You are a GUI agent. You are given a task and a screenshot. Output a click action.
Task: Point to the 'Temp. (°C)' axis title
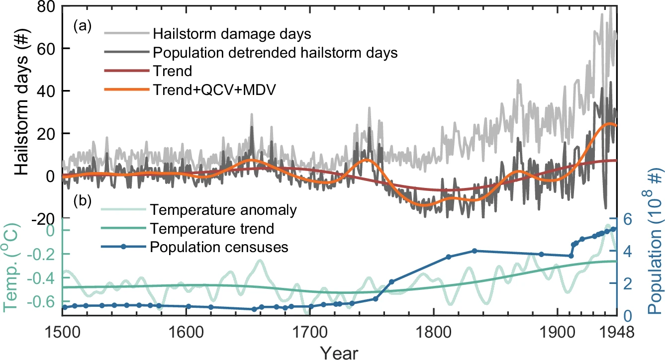click(13, 271)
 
